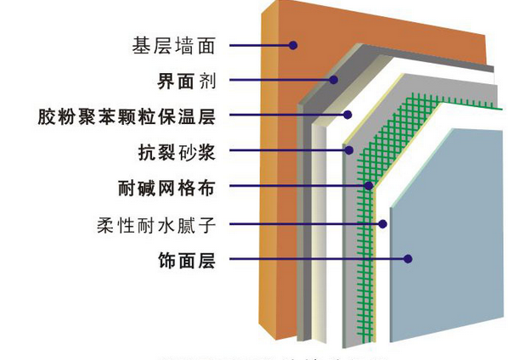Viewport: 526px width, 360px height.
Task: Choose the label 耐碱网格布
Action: tap(166, 187)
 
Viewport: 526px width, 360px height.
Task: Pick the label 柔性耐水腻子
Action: tap(159, 224)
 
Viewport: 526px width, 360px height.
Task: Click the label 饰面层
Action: tap(188, 260)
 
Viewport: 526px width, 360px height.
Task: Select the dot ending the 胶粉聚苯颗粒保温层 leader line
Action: tap(347, 115)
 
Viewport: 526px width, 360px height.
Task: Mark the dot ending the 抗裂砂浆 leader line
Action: tap(348, 151)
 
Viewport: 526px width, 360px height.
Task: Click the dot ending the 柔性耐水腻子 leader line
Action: tap(383, 224)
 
